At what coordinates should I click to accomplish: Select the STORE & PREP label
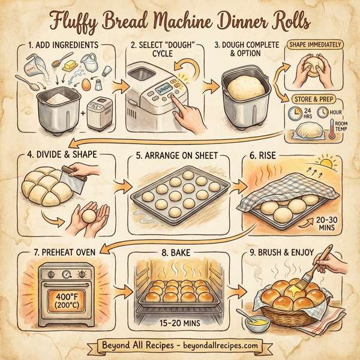click(x=313, y=99)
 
